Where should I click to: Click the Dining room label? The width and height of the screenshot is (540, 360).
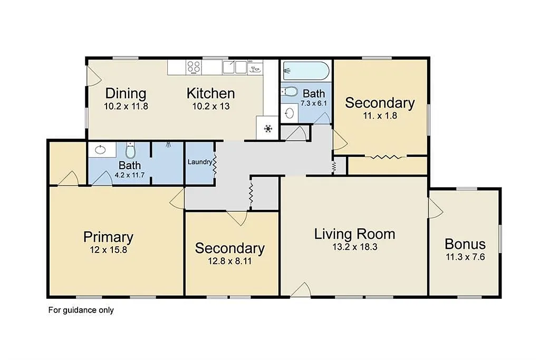coord(126,93)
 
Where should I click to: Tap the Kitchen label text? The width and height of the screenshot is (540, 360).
coord(210,93)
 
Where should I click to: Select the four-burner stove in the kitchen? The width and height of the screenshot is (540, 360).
coord(194,67)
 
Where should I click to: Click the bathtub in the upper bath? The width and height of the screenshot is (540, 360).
coord(306,70)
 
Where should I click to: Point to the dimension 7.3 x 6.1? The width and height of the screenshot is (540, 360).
coord(314,104)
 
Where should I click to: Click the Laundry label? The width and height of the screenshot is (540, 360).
coord(200,162)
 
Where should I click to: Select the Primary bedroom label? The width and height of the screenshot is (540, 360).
coord(108,237)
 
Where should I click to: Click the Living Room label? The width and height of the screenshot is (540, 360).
coord(354,233)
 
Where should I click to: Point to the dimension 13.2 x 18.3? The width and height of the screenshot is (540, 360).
coord(354,246)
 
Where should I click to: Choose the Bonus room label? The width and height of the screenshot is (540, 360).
coord(465,245)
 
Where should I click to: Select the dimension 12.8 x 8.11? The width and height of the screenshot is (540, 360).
coord(229,260)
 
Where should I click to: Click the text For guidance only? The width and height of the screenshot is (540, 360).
coord(81,310)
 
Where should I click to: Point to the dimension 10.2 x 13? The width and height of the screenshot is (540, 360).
coord(210,106)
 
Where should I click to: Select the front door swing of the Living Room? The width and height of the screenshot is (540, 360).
coord(301,289)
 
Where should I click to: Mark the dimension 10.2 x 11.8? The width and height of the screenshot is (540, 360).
coord(126,106)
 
